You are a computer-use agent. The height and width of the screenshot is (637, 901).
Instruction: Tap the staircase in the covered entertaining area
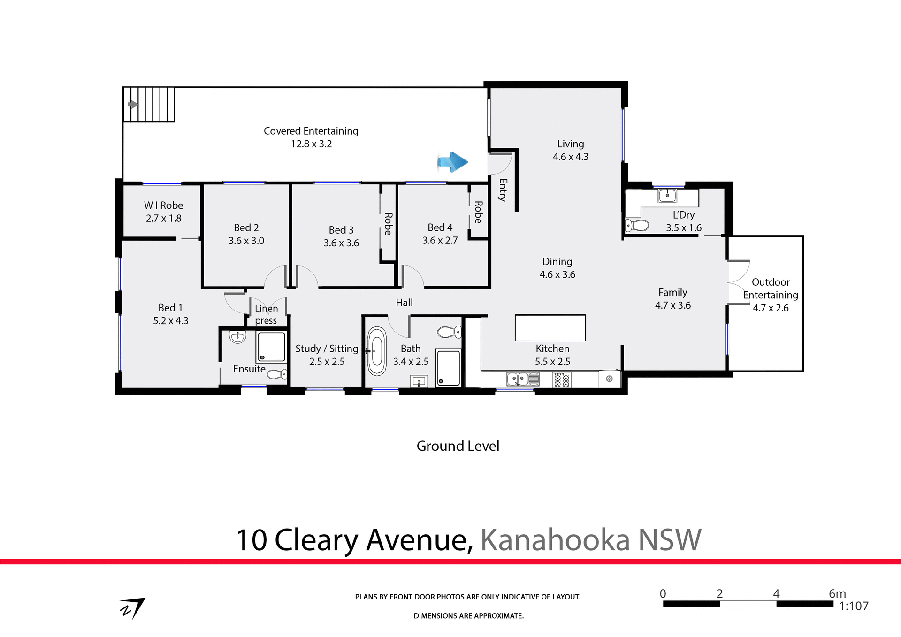(149, 104)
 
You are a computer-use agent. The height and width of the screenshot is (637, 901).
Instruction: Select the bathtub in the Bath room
(376, 351)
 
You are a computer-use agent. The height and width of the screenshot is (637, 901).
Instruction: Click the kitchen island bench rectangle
(550, 327)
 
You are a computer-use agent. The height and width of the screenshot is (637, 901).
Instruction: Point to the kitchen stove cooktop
(561, 379)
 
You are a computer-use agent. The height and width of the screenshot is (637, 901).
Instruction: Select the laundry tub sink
(667, 195)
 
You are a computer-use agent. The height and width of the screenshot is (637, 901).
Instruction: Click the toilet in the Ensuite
(277, 374)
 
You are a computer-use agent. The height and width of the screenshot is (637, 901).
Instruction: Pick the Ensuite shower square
(271, 346)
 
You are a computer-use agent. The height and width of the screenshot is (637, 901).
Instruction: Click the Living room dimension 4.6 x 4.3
(570, 157)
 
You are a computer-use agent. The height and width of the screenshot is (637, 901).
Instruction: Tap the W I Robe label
(163, 205)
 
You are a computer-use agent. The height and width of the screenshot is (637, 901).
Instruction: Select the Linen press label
(266, 314)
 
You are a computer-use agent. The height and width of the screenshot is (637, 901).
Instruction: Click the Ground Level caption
(458, 446)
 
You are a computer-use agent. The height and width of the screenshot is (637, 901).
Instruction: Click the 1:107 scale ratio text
(853, 606)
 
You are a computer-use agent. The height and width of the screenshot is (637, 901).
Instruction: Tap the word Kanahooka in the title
(555, 540)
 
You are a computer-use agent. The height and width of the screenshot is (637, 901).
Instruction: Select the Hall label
(404, 303)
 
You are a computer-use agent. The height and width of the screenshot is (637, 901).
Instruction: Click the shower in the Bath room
(448, 367)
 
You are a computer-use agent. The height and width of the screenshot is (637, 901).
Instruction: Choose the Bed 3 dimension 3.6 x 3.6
(341, 243)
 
